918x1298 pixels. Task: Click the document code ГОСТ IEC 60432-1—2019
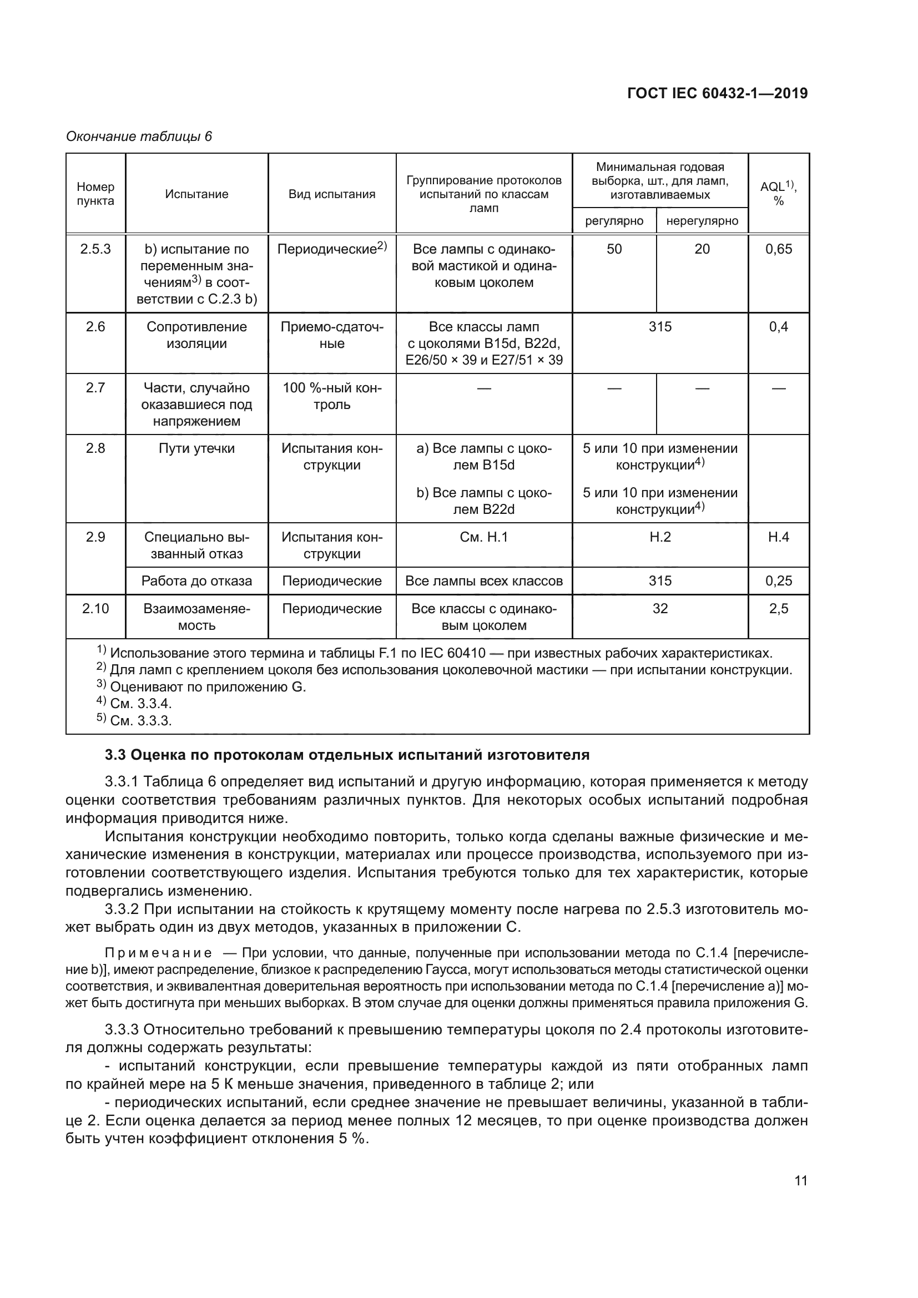717,93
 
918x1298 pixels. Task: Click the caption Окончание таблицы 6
139,137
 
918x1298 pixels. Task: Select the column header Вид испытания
332,194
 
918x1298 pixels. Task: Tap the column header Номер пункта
95,194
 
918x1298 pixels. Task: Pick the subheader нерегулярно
702,221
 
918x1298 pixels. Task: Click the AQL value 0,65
778,249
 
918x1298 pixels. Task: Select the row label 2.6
95,327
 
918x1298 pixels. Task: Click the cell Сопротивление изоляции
196,335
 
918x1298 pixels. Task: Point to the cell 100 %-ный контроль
332,396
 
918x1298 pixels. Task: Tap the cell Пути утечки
196,449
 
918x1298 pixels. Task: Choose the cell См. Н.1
484,537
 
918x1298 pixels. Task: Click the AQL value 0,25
778,581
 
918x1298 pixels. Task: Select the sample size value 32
660,609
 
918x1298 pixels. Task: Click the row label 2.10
95,609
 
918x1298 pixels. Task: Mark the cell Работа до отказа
196,581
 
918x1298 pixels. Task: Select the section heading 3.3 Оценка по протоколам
347,755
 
